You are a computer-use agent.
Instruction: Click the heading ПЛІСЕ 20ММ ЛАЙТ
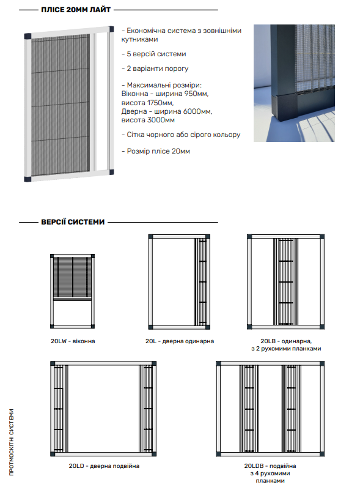(x=76, y=10)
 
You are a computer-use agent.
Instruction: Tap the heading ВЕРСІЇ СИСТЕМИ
(x=73, y=222)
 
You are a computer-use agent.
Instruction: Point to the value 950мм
(x=196, y=94)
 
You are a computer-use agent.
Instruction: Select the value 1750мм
(x=160, y=103)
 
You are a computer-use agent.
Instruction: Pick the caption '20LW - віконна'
(x=73, y=341)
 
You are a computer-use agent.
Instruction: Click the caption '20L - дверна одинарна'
(x=180, y=341)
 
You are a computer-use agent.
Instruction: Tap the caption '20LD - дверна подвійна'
(x=104, y=466)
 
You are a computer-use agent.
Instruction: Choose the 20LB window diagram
(x=285, y=282)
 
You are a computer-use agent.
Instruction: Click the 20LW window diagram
(x=73, y=291)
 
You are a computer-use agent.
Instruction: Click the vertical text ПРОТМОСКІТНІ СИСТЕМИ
(x=12, y=442)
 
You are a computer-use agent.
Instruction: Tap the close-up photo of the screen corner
(x=294, y=83)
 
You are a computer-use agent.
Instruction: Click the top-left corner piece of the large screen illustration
(x=28, y=36)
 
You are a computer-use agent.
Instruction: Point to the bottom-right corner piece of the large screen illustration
(x=111, y=172)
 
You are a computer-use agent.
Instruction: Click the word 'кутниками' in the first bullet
(x=139, y=39)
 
